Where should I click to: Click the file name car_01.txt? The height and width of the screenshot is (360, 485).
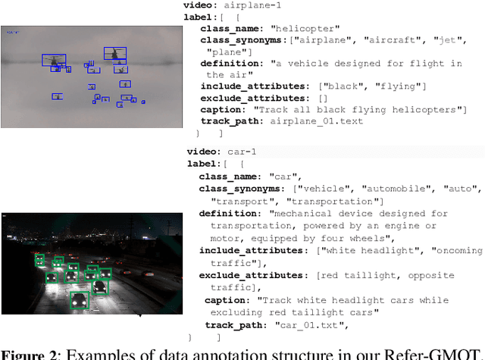(x=313, y=325)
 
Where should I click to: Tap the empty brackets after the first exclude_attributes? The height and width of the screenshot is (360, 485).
(x=324, y=98)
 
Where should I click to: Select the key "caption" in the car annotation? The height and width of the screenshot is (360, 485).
(x=227, y=300)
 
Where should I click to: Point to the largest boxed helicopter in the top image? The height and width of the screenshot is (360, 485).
(x=114, y=54)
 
